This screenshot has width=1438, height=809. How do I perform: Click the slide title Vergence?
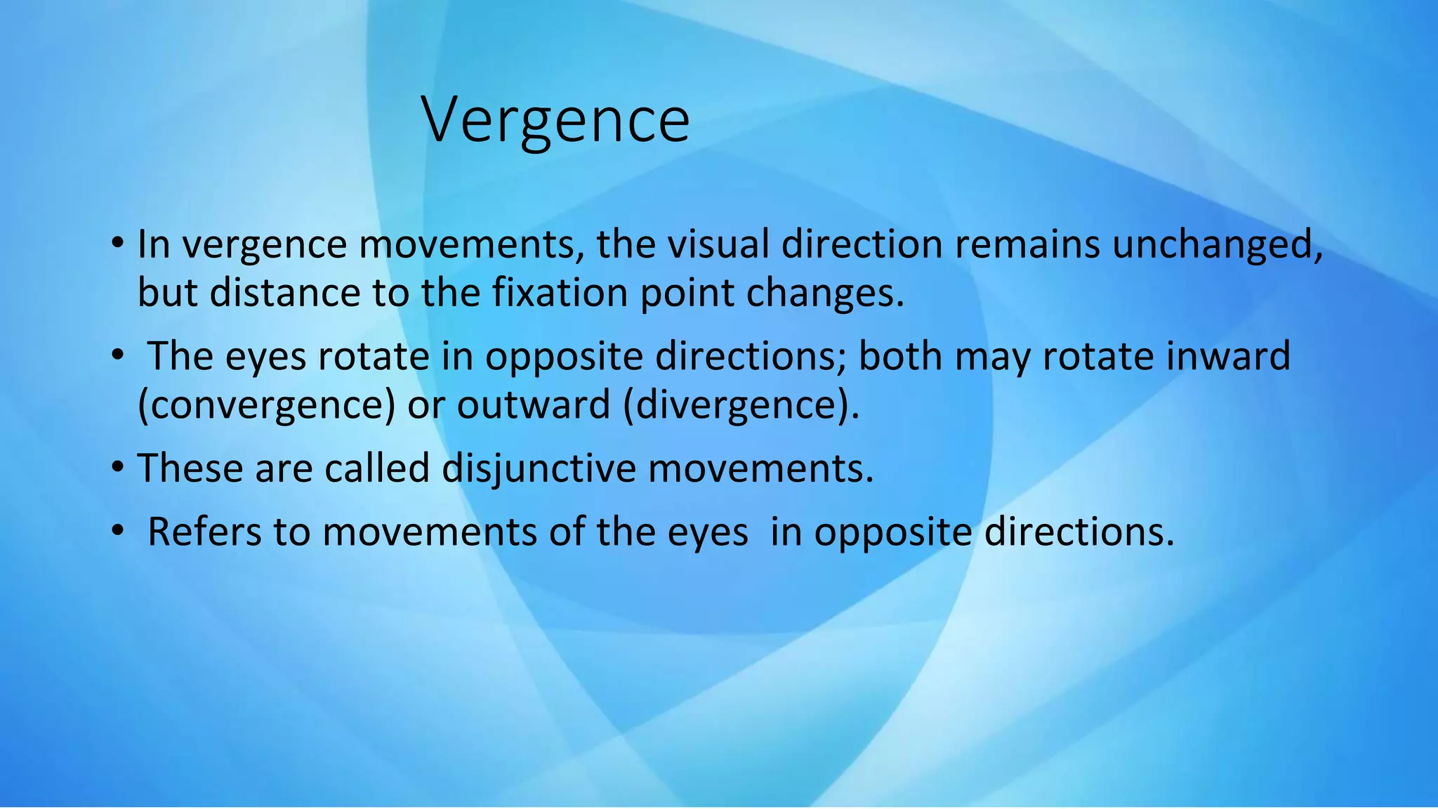pos(555,121)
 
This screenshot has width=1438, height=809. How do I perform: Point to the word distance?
pos(284,293)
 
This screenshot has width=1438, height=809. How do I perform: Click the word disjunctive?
pos(539,469)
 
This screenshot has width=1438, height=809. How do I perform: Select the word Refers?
pos(204,532)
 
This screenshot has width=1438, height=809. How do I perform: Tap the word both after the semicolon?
pos(900,356)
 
